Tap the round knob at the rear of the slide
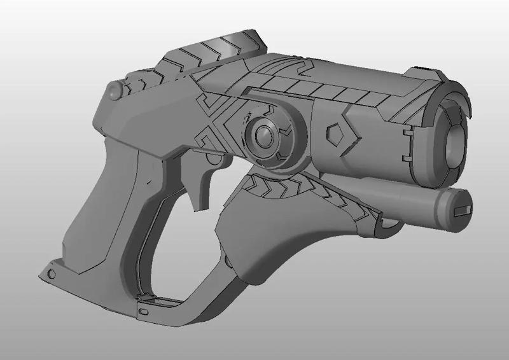tap(114, 91)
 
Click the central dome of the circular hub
tap(261, 134)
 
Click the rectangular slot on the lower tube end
tap(463, 211)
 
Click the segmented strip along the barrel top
tap(318, 89)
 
